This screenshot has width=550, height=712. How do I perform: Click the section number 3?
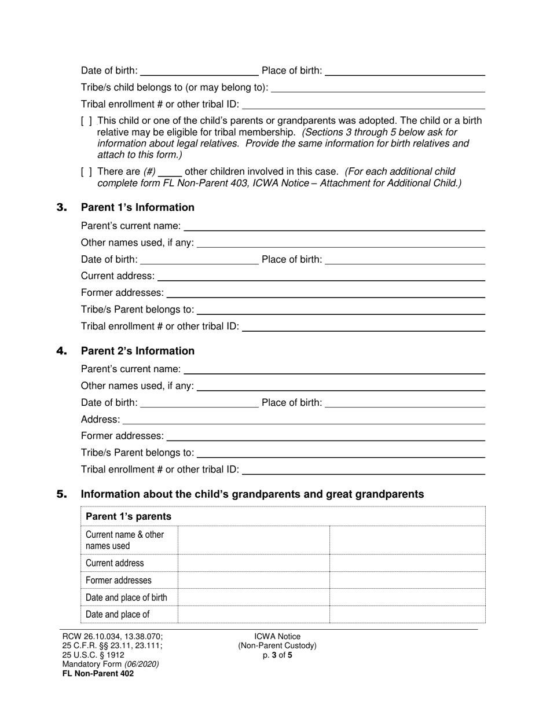coord(62,208)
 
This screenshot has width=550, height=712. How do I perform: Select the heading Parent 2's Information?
coord(138,351)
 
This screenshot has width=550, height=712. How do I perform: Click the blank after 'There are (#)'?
coord(170,172)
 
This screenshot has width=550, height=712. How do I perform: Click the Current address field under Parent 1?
coord(321,276)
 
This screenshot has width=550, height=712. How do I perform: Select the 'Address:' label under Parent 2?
coord(101,419)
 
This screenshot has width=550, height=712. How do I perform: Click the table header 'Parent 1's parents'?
coord(129,516)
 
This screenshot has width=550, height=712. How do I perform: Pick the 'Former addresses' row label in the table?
coord(119,580)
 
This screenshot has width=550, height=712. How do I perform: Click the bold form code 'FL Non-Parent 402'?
coord(98,673)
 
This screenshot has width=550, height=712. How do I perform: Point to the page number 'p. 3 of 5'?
coord(277,655)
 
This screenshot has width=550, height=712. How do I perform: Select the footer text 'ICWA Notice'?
coord(277,636)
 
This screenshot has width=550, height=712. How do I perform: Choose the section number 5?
coord(62,494)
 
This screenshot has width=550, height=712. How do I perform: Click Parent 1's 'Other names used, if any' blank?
coord(341,243)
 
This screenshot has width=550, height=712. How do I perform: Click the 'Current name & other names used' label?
coord(124,540)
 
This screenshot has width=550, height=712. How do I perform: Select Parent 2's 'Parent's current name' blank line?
coord(334,369)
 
